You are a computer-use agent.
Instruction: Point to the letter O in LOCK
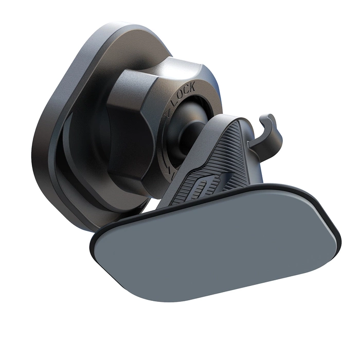point(179,96)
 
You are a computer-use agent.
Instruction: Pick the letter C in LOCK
point(186,91)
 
